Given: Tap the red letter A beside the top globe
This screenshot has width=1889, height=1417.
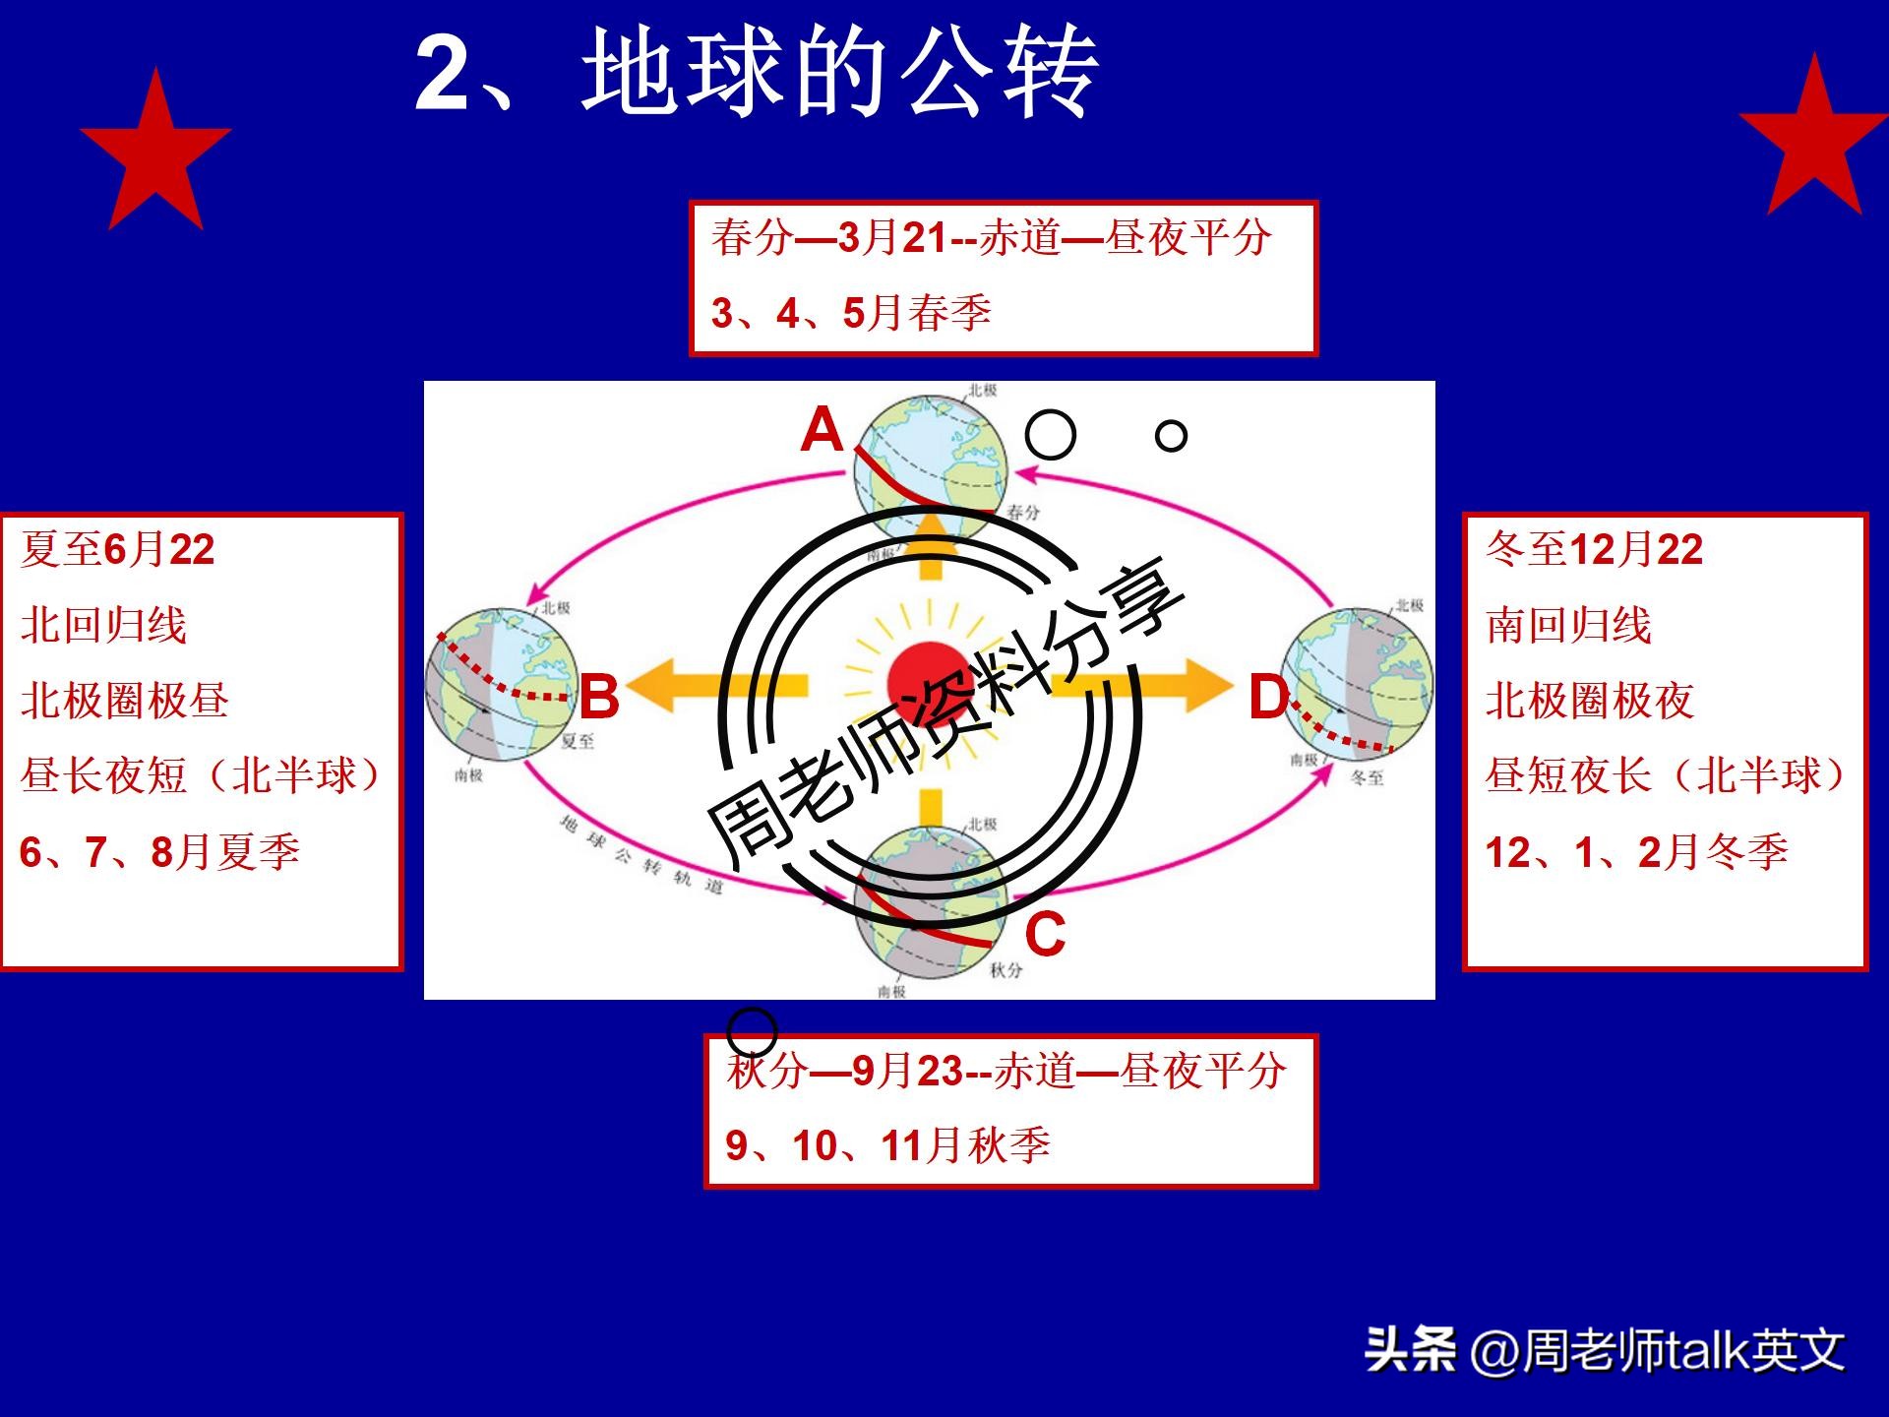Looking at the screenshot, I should pos(823,431).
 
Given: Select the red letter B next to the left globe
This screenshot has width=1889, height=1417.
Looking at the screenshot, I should pos(598,697).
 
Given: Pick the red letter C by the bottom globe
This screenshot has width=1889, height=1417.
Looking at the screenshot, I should pos(1045,933).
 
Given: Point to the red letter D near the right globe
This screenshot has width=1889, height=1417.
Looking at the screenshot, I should pos(1268,699).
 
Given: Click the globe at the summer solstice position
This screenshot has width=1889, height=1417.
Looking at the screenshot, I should pos(502,684).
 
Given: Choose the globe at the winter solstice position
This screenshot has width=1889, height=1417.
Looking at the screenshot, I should pos(1358,684).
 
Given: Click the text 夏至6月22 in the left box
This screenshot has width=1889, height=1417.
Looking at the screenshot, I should pos(117,549).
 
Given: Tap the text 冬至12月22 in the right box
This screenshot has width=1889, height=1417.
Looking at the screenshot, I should pos(1594,549).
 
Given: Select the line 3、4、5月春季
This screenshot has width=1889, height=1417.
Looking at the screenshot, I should pos(850,313).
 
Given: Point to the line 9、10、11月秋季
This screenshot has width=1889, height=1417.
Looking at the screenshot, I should pos(887,1145).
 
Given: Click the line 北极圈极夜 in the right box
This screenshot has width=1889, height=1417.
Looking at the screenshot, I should pos(1589,701).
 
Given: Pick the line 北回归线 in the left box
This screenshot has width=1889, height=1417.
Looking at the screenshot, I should pos(103,625).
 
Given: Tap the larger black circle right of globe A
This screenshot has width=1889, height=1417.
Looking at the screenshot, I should pos(1050,434).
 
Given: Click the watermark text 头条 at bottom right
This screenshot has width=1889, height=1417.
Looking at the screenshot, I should pos(1410,1349).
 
